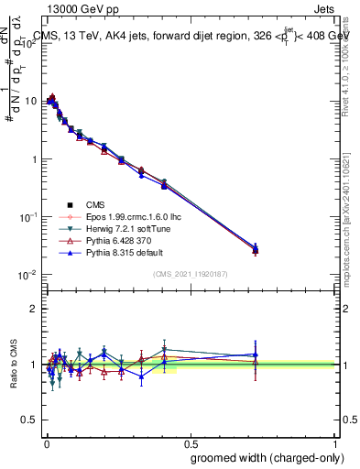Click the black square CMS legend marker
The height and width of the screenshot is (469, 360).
click(69, 204)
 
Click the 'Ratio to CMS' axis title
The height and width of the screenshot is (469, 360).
click(13, 365)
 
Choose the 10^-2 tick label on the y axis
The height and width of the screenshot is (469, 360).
click(30, 275)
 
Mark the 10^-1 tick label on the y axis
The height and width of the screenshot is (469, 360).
click(30, 217)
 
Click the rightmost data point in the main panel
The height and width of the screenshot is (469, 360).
click(256, 249)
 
